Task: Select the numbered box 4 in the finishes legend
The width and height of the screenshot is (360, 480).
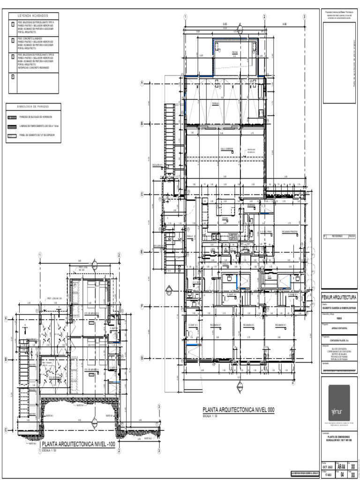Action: [13, 77]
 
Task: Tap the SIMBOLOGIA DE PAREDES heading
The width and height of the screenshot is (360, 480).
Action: [33, 106]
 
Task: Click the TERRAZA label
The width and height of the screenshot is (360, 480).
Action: [216, 103]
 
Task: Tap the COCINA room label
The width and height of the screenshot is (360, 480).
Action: [225, 218]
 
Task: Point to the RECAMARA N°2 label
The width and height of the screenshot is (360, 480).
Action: [248, 324]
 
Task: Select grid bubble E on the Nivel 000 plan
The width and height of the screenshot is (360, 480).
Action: [141, 252]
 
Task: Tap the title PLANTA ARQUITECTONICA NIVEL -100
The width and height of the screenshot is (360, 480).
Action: [78, 444]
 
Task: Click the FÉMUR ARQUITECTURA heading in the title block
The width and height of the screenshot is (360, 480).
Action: [339, 297]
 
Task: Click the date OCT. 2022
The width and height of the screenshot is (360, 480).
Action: [327, 467]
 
